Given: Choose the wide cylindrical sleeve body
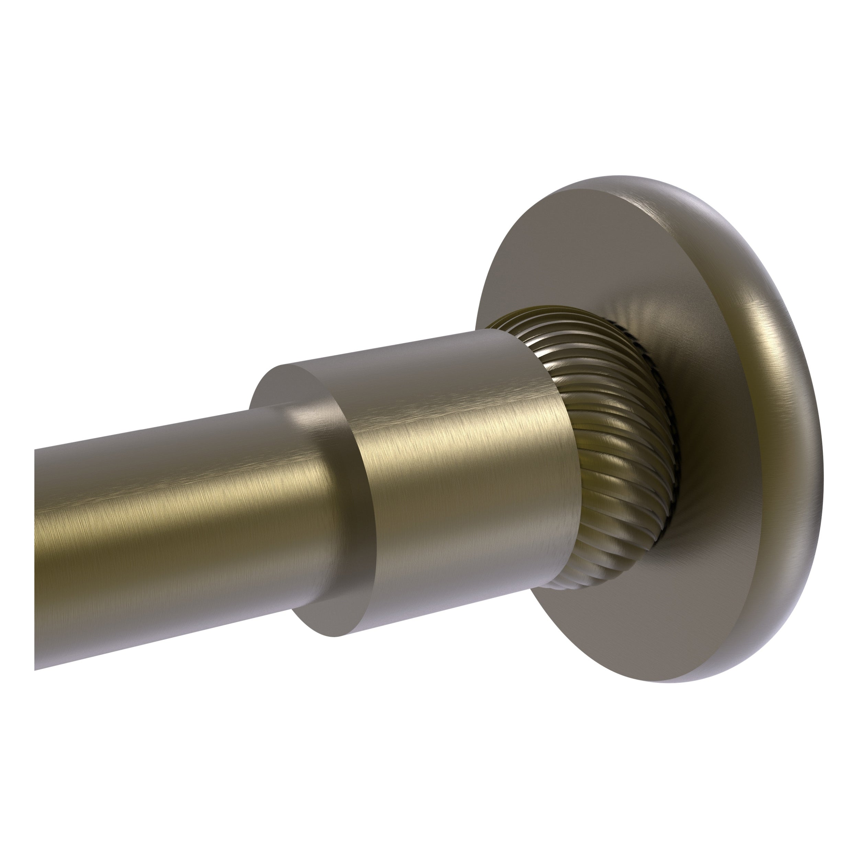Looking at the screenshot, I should tap(467, 467).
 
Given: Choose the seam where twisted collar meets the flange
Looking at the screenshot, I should tap(667, 445).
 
